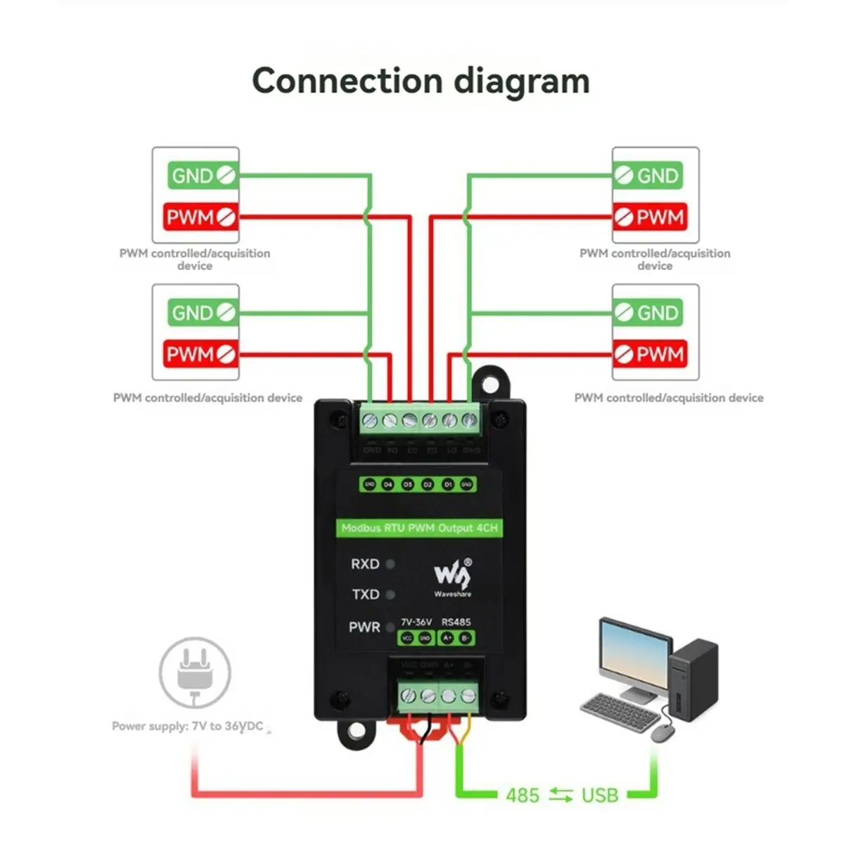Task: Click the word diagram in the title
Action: coord(521,82)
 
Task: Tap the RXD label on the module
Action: coord(365,564)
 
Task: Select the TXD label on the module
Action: coord(366,594)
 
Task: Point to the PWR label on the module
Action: coord(364,627)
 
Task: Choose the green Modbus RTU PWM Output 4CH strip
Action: coord(419,527)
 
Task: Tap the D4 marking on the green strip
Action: coord(388,485)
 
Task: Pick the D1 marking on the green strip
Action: coord(448,485)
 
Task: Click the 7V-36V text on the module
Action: coord(416,622)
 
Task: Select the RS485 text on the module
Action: coord(456,622)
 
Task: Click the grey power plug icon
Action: coord(195,672)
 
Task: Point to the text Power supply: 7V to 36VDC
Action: coord(188,726)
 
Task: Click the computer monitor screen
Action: coord(635,656)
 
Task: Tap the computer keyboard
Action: coord(620,712)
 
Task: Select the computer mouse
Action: coord(663,733)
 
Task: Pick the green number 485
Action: coord(523,795)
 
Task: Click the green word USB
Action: coord(600,795)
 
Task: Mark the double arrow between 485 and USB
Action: coord(561,795)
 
